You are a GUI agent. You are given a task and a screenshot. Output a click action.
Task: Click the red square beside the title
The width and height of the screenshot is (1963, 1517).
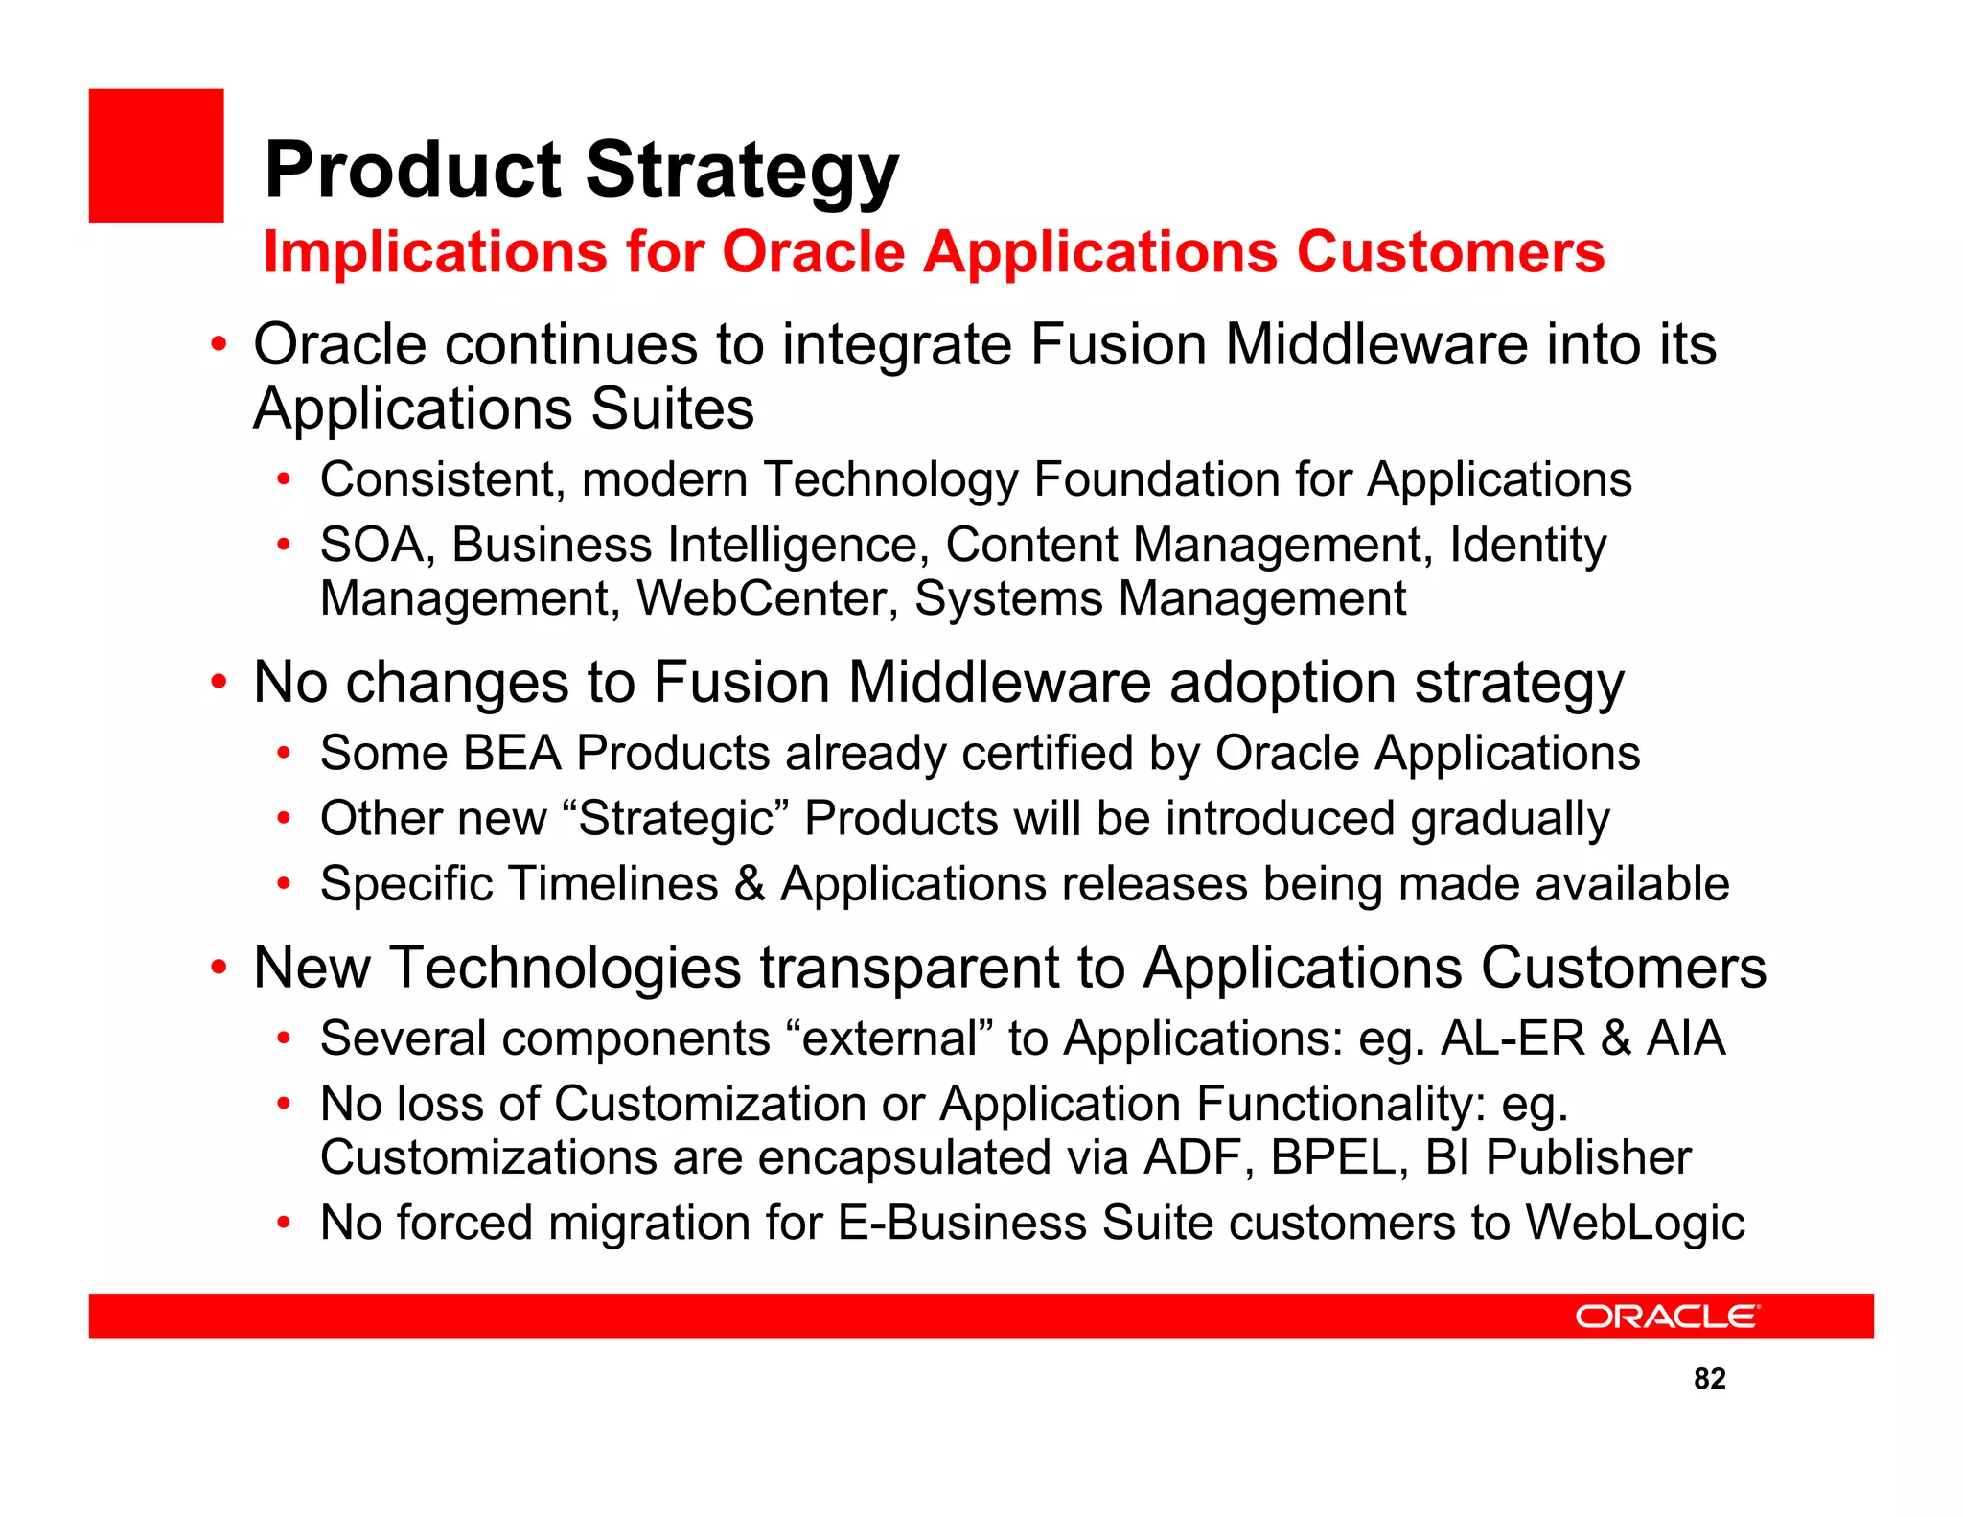156,156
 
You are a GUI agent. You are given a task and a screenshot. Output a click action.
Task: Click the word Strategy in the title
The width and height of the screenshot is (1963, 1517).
742,173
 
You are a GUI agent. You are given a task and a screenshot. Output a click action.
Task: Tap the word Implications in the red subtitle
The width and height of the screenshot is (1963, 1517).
436,252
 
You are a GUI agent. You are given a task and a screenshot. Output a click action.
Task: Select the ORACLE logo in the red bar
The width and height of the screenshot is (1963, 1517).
1668,1316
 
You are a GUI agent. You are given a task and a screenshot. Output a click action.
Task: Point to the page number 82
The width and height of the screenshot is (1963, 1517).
1710,1378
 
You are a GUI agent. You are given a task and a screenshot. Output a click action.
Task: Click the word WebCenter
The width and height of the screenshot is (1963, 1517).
767,598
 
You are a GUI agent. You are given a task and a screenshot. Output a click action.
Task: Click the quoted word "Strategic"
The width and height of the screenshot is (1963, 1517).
676,819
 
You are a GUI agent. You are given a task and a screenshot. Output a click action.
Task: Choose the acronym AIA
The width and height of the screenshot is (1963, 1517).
1686,1039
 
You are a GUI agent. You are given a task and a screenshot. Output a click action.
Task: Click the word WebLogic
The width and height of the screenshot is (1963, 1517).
1634,1223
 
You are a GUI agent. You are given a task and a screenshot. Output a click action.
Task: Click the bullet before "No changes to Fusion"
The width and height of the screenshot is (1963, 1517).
219,683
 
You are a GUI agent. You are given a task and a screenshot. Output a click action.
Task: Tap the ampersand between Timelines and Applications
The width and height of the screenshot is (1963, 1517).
749,883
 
